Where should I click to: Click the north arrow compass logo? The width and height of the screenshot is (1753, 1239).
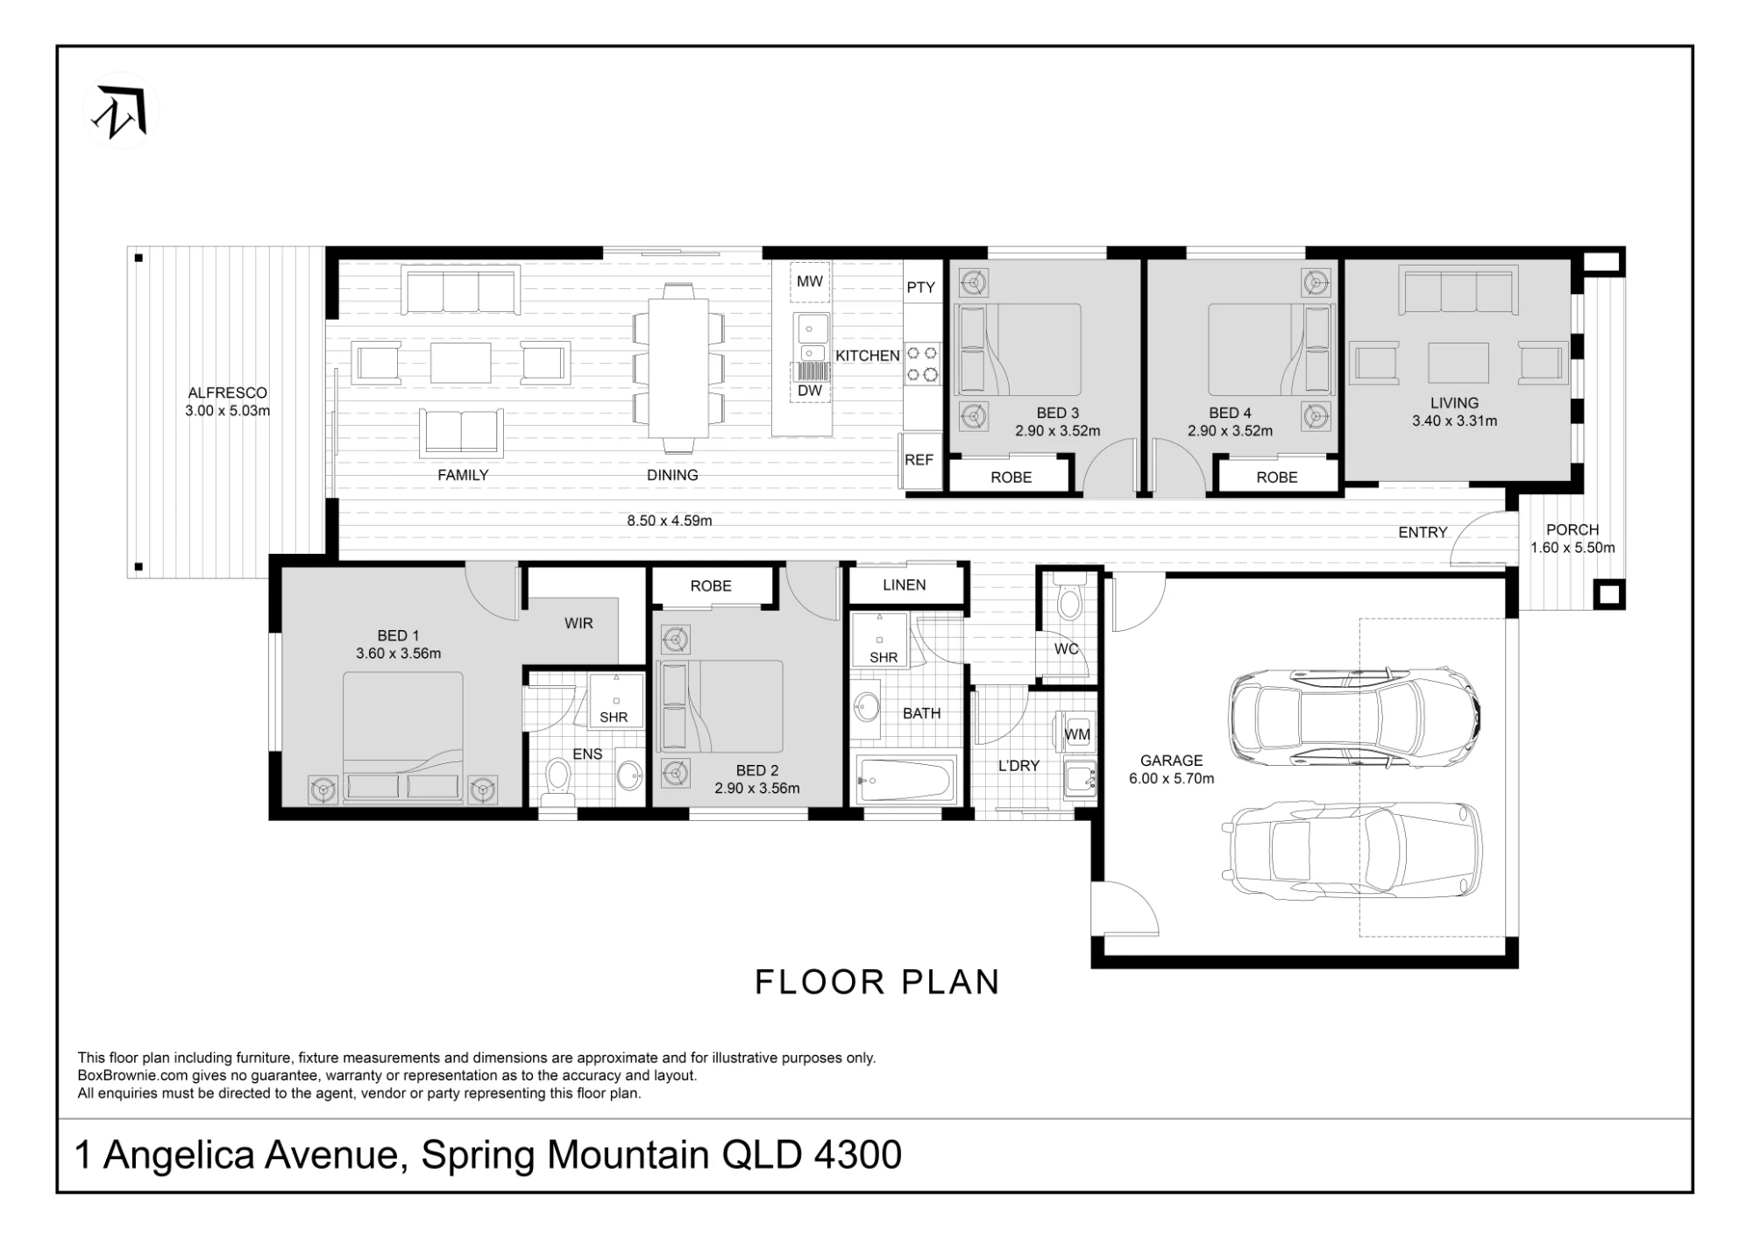[121, 110]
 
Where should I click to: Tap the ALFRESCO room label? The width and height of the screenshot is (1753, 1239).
[228, 393]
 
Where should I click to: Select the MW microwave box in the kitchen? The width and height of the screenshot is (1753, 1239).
[810, 281]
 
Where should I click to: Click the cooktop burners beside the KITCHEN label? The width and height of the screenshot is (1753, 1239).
[922, 364]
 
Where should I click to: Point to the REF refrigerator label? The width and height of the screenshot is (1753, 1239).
[919, 460]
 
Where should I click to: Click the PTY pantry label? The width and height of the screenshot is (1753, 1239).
[921, 287]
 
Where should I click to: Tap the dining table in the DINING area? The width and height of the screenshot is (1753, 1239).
[678, 368]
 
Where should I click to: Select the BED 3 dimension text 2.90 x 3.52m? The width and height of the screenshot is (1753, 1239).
[1058, 431]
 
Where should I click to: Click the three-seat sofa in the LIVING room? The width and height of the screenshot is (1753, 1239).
[1458, 292]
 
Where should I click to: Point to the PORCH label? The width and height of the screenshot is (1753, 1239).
[1572, 530]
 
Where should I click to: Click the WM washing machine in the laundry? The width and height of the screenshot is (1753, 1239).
[1077, 733]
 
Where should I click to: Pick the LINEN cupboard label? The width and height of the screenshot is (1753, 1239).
[905, 585]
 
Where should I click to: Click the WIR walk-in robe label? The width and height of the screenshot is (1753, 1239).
[578, 623]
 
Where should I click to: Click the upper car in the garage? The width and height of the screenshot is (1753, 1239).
[1355, 717]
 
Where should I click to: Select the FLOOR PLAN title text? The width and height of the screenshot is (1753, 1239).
[877, 982]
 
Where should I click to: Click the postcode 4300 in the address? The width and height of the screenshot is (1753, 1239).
[858, 1155]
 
